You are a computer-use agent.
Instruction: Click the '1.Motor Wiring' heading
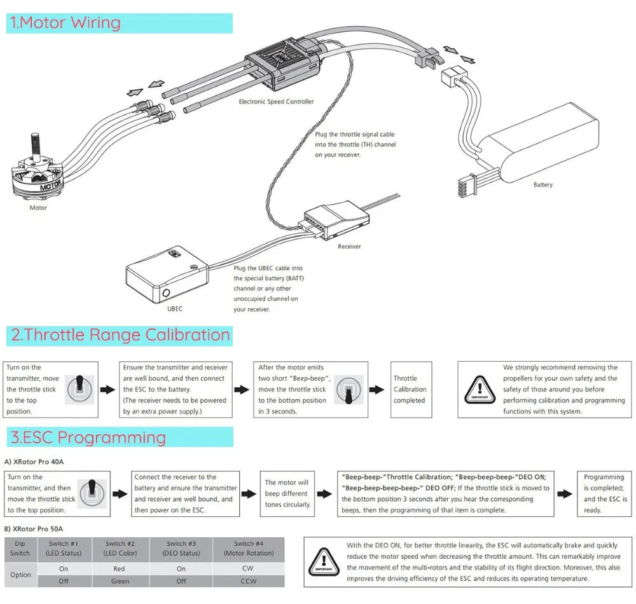tap(65, 23)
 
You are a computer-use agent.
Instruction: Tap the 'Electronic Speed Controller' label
tap(276, 102)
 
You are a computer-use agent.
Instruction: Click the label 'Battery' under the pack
tap(543, 185)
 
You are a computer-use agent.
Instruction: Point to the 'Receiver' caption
tap(349, 246)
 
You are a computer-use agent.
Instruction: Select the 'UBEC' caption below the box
tap(175, 309)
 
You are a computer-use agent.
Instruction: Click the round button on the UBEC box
tap(167, 294)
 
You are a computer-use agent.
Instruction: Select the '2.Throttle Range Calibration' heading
tap(118, 335)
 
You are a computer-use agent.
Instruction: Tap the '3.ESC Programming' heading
tap(88, 437)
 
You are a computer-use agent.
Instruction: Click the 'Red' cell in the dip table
tap(120, 569)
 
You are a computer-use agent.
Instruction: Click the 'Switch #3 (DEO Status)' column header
tap(181, 548)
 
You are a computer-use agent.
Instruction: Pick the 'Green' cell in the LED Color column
tap(120, 581)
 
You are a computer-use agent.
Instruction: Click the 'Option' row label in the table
tap(20, 575)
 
